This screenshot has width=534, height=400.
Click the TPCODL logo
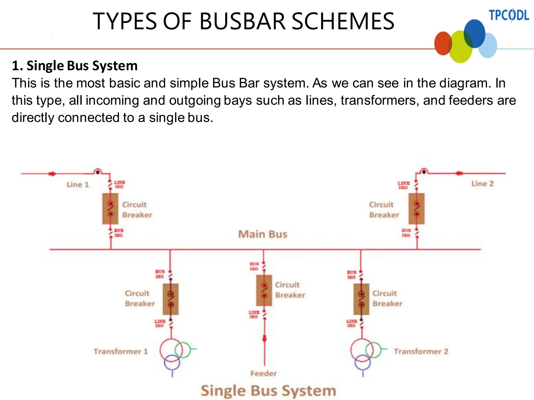click(509, 15)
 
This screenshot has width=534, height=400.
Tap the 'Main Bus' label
click(263, 234)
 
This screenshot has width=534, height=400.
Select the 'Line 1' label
click(78, 185)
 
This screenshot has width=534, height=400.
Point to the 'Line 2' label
click(482, 184)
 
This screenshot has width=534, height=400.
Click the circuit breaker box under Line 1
click(110, 209)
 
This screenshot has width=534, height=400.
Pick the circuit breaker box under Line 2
click(416, 209)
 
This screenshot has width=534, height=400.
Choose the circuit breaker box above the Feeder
click(264, 290)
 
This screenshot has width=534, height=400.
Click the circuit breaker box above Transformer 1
click(171, 299)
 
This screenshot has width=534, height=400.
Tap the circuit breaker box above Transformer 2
click(361, 299)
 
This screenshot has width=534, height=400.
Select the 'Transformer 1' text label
click(121, 351)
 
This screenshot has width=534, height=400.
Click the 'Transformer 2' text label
click(421, 351)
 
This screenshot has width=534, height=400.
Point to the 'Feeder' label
click(264, 373)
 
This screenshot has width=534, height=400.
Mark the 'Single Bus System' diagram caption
click(268, 391)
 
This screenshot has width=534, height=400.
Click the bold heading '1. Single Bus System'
click(75, 66)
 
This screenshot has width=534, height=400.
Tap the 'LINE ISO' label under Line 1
click(119, 184)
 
